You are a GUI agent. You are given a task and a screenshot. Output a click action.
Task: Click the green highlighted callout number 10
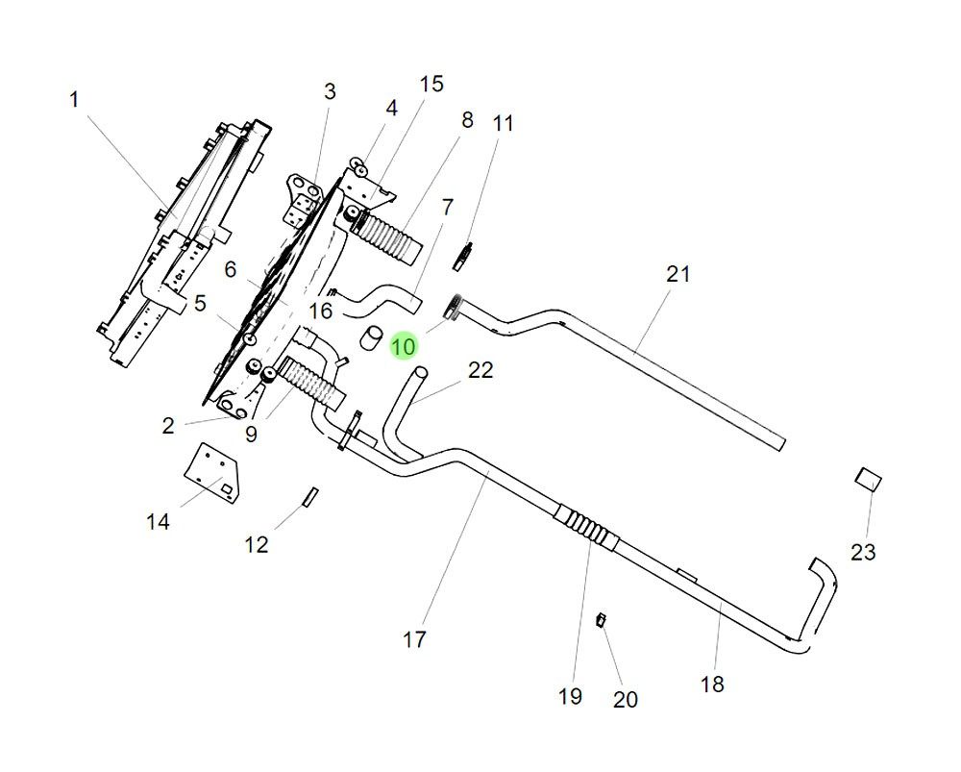coord(405,346)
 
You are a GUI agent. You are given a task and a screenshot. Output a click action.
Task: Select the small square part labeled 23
coord(868,479)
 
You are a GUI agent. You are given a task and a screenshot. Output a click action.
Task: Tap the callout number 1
coord(74,99)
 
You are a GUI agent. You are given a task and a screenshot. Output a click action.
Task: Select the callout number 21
coord(678,274)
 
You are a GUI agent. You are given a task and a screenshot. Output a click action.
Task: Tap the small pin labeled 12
coord(310,495)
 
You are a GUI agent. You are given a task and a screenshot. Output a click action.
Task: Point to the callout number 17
coord(414,638)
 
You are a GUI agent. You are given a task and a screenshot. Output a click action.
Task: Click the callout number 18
coord(712,684)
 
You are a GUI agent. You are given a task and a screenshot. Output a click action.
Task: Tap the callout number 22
coord(480,370)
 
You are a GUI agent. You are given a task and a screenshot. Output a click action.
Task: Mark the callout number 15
coord(431,84)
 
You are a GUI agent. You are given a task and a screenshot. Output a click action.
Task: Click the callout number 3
coord(330,91)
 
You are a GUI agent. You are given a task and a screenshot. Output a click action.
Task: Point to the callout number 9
coord(251,434)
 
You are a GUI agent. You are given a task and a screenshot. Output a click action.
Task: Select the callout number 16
coord(321,311)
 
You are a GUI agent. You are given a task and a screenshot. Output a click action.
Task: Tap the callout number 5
coord(200,304)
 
